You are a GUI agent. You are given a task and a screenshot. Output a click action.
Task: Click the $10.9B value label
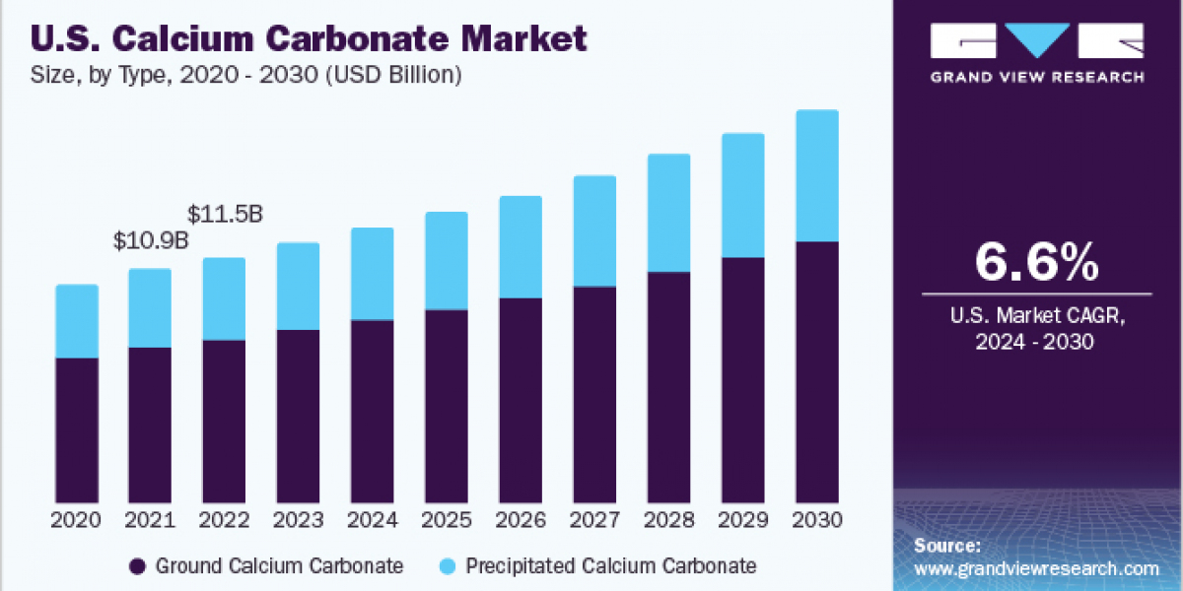(x=150, y=241)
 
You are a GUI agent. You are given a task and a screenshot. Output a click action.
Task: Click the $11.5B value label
(x=225, y=214)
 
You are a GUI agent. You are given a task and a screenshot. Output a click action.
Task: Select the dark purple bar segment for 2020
(x=77, y=429)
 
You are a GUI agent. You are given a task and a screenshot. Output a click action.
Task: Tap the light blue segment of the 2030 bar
(x=817, y=175)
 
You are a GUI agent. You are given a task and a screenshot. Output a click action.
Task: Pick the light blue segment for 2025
(x=447, y=260)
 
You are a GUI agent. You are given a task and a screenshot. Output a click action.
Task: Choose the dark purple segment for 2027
(x=594, y=394)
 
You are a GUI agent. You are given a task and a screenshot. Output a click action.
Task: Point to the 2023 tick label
(x=298, y=518)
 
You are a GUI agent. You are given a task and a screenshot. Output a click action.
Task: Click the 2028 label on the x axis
(x=668, y=518)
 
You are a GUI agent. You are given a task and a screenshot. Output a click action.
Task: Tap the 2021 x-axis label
(x=150, y=518)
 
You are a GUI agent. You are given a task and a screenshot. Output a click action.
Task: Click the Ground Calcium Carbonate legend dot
(x=138, y=566)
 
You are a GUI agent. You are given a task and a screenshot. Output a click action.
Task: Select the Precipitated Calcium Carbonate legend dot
(x=449, y=566)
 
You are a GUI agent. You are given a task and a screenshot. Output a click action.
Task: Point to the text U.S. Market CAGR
(x=1036, y=316)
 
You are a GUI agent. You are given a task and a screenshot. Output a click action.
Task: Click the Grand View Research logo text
(x=1037, y=76)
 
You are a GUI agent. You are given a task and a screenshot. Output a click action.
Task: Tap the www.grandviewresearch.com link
(x=1036, y=568)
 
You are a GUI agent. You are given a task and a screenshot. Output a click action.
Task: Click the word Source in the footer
(x=945, y=546)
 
